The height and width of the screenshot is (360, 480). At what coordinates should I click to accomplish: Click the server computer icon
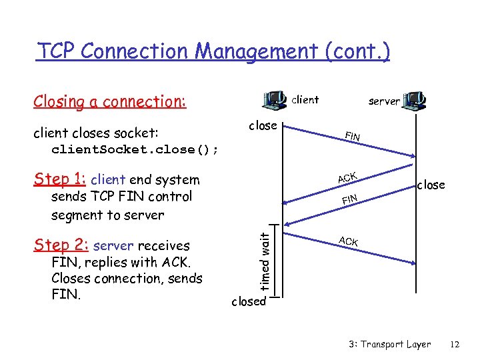point(416,100)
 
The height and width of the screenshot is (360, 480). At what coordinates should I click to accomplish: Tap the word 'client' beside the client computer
point(305,99)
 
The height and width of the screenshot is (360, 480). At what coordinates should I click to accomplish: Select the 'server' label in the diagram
point(384,101)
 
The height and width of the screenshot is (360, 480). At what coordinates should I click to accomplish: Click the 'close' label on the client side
point(263,125)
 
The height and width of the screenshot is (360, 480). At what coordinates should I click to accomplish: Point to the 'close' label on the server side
point(431,185)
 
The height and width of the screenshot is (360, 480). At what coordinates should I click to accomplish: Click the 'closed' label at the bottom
point(248,301)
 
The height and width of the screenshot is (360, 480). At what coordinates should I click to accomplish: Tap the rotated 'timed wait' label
point(265,261)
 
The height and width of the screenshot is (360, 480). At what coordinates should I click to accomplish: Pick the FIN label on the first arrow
point(353,137)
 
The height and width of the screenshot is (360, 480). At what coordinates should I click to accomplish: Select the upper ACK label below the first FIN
point(347,177)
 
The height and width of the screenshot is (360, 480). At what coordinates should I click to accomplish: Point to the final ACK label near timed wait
point(348,241)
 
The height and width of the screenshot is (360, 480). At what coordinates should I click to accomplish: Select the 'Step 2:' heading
point(61,245)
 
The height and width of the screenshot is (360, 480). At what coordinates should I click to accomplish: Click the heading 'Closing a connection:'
point(109,101)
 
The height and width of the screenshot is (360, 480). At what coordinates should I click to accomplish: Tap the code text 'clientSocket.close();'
point(135,149)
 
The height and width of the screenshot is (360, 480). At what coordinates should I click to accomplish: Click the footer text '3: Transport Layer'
point(389,344)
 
